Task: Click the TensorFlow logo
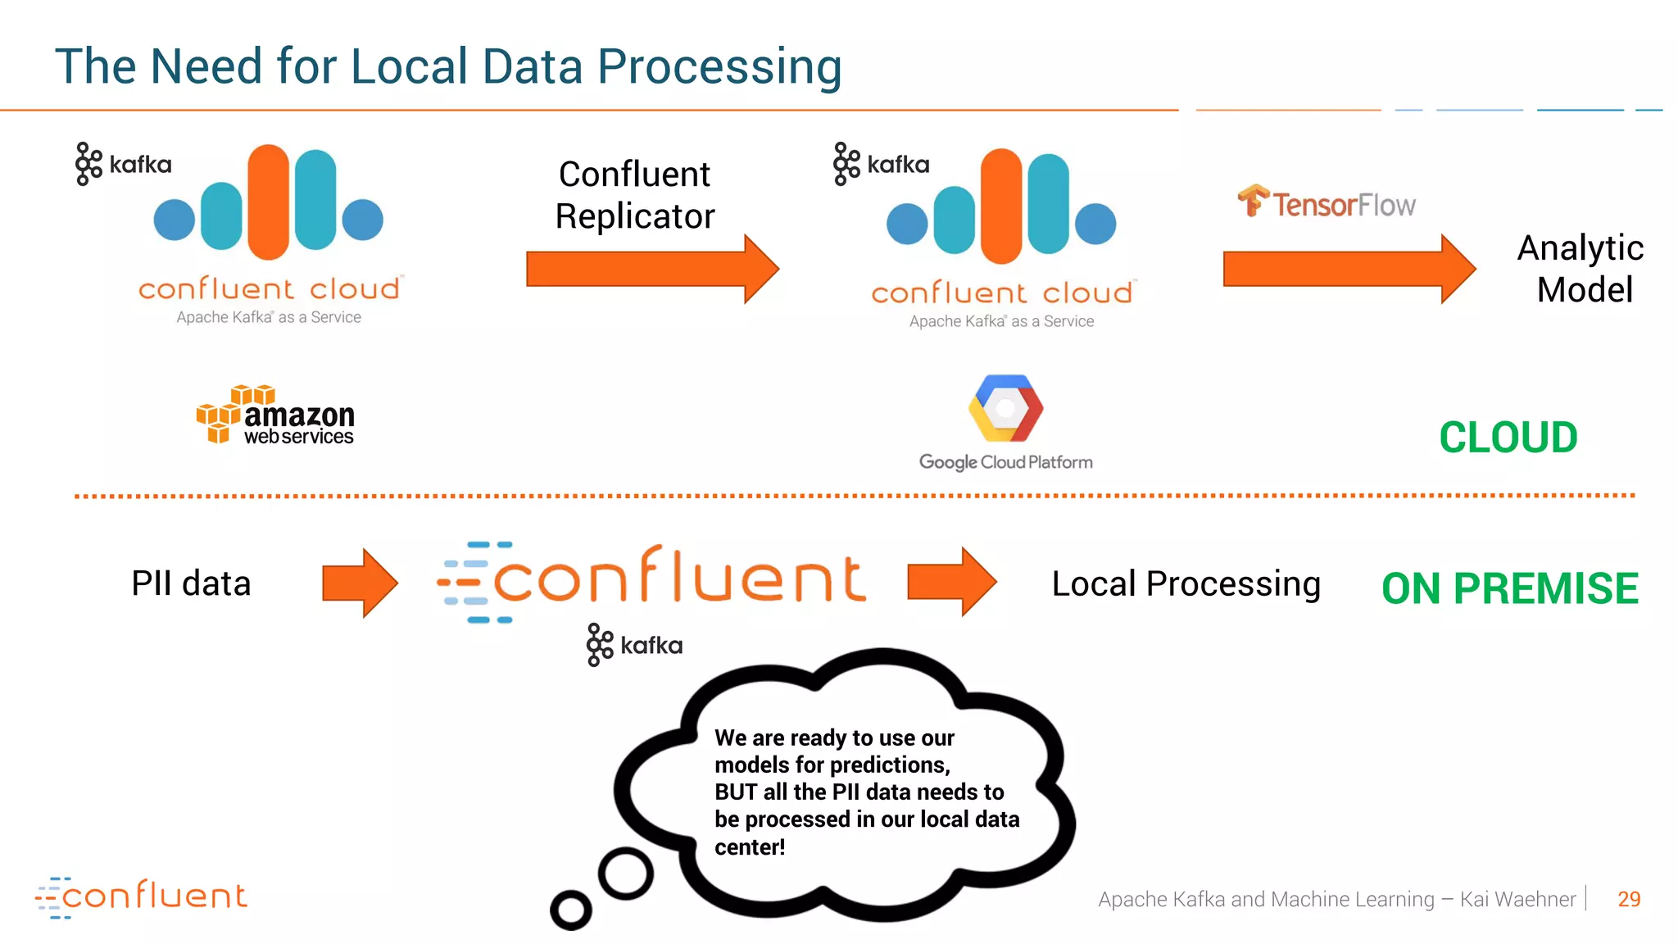pyautogui.click(x=1327, y=202)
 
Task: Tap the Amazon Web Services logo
pyautogui.click(x=275, y=415)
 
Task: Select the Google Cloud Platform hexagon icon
pyautogui.click(x=1005, y=408)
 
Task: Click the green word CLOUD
pyautogui.click(x=1508, y=438)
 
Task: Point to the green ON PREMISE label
pyautogui.click(x=1509, y=588)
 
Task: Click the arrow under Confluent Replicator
pyautogui.click(x=651, y=269)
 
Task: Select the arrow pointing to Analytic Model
pyautogui.click(x=1349, y=269)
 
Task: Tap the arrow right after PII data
pyautogui.click(x=360, y=583)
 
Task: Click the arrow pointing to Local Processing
pyautogui.click(x=951, y=582)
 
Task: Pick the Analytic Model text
pyautogui.click(x=1580, y=269)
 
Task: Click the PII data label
pyautogui.click(x=191, y=583)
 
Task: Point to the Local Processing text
pyautogui.click(x=1186, y=584)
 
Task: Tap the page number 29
pyautogui.click(x=1628, y=899)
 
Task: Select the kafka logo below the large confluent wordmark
pyautogui.click(x=634, y=645)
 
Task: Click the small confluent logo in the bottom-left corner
pyautogui.click(x=141, y=896)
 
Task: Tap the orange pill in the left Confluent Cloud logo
pyautogui.click(x=269, y=202)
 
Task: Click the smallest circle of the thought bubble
pyautogui.click(x=571, y=909)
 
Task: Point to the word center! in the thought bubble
pyautogui.click(x=749, y=847)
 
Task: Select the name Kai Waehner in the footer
pyautogui.click(x=1517, y=899)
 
